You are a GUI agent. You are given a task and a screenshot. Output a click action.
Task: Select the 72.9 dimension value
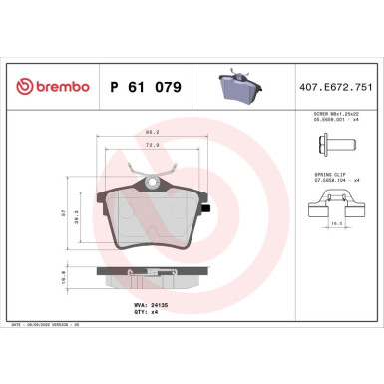[x=151, y=144]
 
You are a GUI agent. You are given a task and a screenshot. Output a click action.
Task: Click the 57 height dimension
[x=63, y=211]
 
